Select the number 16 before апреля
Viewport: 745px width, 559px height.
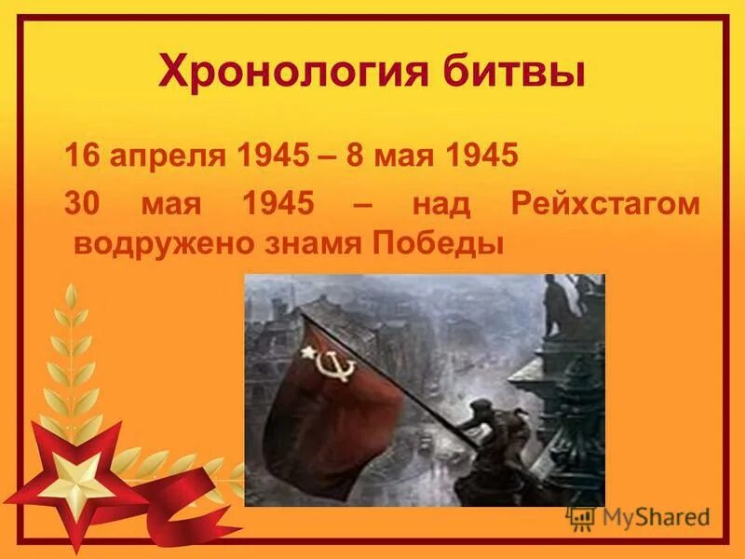[x=81, y=155]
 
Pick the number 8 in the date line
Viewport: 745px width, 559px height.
[x=354, y=155]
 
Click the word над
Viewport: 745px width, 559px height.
[x=437, y=204]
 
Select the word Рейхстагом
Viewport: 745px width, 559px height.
[x=604, y=204]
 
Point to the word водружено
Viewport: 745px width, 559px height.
[x=148, y=244]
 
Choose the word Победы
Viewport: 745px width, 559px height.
[x=437, y=244]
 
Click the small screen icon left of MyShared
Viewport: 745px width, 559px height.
[x=581, y=517]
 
